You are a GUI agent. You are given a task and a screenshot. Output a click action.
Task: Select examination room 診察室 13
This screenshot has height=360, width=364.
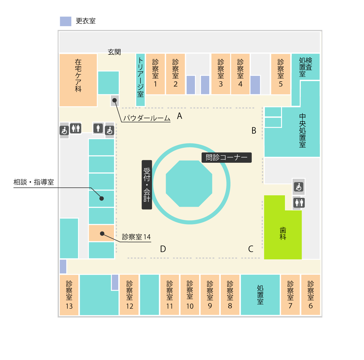tap(69, 295)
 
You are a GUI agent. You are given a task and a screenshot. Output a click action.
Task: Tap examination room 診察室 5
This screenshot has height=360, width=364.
tap(281, 74)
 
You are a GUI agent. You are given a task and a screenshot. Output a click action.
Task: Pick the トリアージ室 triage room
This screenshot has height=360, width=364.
tap(140, 80)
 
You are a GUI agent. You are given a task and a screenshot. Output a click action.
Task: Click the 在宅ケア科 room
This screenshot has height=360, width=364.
tap(78, 80)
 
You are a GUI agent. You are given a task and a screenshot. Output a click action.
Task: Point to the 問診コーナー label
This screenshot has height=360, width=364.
tap(226, 157)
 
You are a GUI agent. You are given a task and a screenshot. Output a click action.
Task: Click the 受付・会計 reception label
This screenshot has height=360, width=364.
tap(147, 185)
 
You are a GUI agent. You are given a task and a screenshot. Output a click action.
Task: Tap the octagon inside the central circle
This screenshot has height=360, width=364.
tap(189, 184)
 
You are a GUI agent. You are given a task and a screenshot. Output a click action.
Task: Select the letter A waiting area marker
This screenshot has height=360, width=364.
tap(179, 116)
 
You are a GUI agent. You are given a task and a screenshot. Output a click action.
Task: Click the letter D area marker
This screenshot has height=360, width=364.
tap(163, 249)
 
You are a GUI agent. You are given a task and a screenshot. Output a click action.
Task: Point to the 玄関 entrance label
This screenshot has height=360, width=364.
tap(114, 52)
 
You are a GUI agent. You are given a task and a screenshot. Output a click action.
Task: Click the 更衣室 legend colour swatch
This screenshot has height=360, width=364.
tap(65, 21)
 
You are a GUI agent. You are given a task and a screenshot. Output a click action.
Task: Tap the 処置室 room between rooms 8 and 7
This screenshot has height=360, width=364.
tap(260, 295)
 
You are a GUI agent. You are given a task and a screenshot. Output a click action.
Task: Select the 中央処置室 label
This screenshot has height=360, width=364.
tap(302, 130)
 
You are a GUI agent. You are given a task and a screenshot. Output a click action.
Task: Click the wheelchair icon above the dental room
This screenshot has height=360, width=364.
tap(299, 187)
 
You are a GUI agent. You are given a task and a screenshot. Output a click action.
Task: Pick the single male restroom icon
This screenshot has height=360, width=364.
tap(98, 128)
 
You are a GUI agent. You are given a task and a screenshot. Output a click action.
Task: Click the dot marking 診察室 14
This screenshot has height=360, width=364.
tap(102, 233)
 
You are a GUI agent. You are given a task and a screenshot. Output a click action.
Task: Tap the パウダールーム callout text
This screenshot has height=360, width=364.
tap(147, 118)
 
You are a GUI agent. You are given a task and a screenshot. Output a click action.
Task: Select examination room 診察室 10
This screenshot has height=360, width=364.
tap(190, 295)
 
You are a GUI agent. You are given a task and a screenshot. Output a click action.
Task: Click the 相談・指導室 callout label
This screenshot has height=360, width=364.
tap(34, 182)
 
